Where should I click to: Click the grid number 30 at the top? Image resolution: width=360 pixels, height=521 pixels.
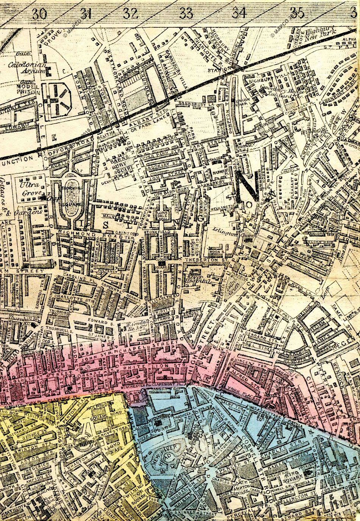point(39,14)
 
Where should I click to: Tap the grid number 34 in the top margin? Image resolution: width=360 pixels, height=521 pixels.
point(239,13)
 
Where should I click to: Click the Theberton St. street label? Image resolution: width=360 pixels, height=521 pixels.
point(205,260)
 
